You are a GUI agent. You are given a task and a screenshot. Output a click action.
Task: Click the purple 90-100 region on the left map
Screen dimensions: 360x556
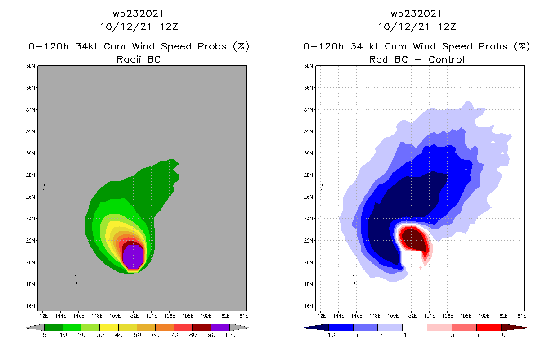pyautogui.click(x=133, y=256)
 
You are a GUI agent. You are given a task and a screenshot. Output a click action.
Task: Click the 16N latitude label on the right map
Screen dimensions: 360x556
pyautogui.click(x=309, y=306)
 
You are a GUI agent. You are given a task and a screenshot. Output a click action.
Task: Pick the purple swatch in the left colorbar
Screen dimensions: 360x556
pyautogui.click(x=220, y=328)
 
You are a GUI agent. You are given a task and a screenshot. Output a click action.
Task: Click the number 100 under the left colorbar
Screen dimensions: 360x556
pyautogui.click(x=230, y=335)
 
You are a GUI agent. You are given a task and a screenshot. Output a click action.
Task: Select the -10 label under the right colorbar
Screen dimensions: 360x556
pyautogui.click(x=329, y=335)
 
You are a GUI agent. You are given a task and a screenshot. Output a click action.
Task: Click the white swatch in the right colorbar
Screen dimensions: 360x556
pyautogui.click(x=414, y=328)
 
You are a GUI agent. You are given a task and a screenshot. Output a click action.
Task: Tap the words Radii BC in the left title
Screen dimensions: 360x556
pyautogui.click(x=139, y=59)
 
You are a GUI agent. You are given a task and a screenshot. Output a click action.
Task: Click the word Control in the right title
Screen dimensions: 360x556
pyautogui.click(x=446, y=59)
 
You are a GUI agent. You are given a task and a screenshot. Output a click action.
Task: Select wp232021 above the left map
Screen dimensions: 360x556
pyautogui.click(x=139, y=14)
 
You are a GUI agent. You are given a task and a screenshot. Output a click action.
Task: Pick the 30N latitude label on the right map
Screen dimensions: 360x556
pyautogui.click(x=309, y=153)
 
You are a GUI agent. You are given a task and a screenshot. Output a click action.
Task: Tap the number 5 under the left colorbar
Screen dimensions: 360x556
pyautogui.click(x=45, y=335)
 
